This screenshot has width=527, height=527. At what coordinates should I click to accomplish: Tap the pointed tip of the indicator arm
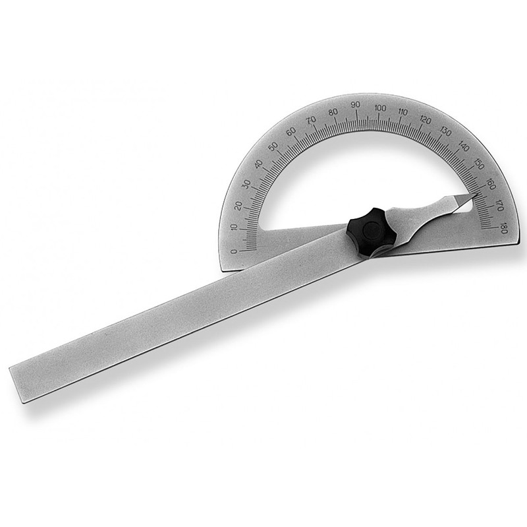point(477,193)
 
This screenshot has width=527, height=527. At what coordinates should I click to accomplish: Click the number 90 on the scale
point(356,106)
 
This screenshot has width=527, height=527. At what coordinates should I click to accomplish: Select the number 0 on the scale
point(234,251)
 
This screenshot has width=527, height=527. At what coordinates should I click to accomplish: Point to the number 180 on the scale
point(503,230)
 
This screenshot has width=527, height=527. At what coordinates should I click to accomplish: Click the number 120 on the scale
point(426,119)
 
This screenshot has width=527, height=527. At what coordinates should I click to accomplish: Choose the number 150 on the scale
point(478,165)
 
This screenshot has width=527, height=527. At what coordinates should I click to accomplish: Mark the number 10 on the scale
point(235,228)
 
